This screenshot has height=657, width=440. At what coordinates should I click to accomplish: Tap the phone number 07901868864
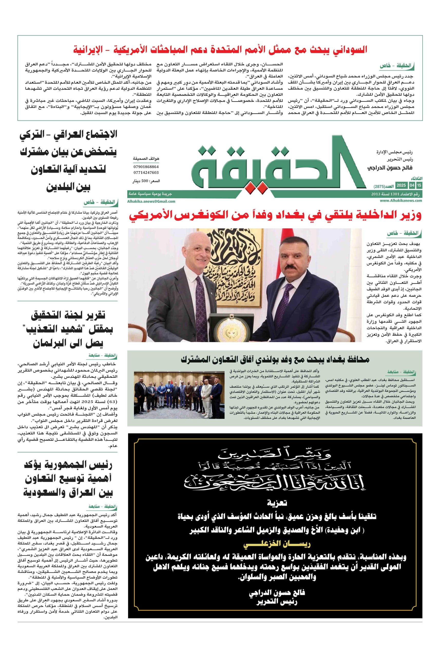coord(146,167)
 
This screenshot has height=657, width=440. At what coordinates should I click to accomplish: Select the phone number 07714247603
coord(146,172)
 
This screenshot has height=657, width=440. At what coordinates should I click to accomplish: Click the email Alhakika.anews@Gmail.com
coord(151,201)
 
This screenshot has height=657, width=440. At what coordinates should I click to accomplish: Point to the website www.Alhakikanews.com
coord(401,201)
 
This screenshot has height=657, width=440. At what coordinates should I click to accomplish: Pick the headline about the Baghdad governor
coord(275,359)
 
